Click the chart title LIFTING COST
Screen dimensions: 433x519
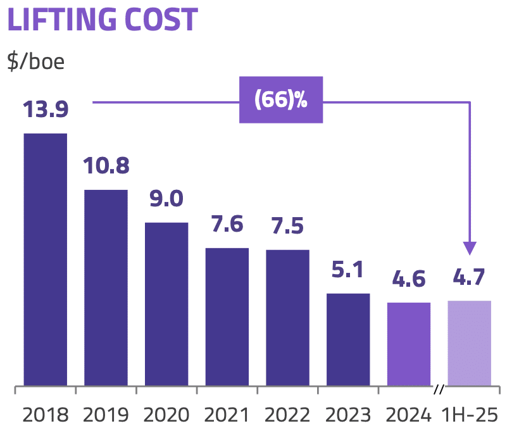(102, 20)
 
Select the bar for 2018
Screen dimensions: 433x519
(46, 259)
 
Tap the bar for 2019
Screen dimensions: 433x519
(106, 287)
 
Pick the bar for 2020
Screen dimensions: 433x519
(166, 304)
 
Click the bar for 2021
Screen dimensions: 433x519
(227, 317)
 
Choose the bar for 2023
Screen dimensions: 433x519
(348, 339)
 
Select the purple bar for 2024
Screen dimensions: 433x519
(409, 344)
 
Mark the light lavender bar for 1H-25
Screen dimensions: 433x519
(470, 343)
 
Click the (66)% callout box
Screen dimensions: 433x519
(281, 100)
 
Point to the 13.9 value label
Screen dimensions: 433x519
(46, 109)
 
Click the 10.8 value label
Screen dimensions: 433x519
(106, 166)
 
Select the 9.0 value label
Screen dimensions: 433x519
(166, 199)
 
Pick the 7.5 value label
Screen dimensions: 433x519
(288, 226)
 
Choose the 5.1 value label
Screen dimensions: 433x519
(348, 270)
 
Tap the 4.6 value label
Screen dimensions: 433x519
(409, 279)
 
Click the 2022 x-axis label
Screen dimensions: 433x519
(288, 415)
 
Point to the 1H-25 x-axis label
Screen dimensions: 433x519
(470, 415)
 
